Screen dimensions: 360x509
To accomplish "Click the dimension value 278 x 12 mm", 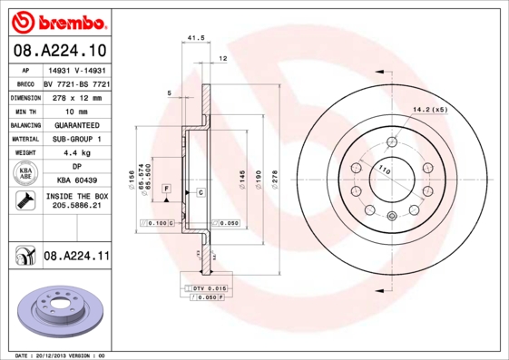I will pos(76,96).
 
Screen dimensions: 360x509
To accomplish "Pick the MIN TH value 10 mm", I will pos(76,111).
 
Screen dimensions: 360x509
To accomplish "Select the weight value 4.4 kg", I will pos(76,153).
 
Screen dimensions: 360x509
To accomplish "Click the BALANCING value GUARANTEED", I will pos(76,124).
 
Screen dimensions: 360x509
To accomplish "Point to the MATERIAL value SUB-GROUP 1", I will pos(76,139).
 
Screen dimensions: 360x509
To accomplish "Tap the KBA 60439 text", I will pos(76,180).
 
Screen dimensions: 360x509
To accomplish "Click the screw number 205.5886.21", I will pos(76,206).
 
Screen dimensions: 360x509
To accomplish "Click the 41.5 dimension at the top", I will pos(193,38).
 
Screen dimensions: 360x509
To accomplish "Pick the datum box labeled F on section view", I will pos(167,188).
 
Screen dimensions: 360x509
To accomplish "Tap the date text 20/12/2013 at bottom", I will pos(59,355).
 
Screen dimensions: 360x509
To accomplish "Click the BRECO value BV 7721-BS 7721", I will pos(76,83).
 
